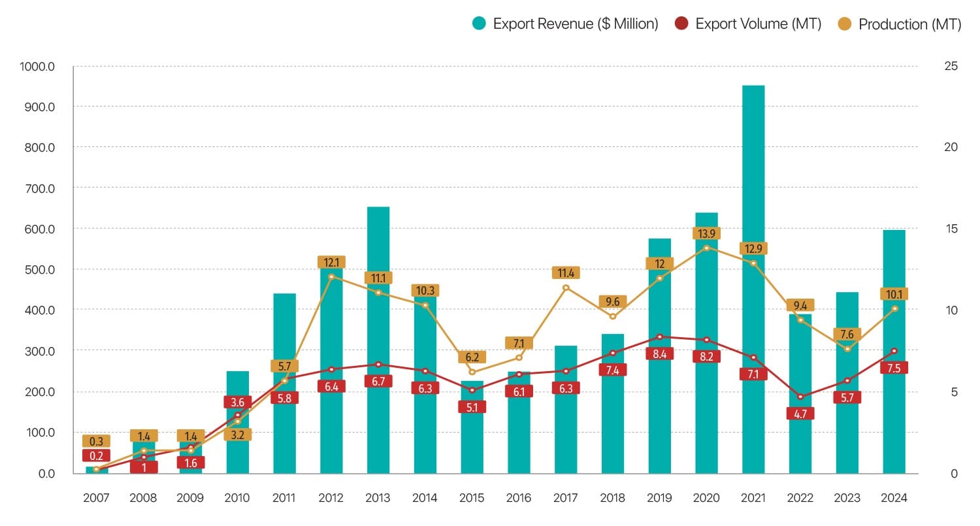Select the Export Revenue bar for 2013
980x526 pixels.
coord(378,340)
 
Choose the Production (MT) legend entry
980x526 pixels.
coord(900,24)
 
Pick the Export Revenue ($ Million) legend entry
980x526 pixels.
coord(565,24)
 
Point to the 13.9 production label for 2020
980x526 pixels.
coord(706,233)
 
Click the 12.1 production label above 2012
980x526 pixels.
coord(331,262)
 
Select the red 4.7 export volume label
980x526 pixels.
coord(800,414)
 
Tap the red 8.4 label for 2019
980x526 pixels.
coord(659,353)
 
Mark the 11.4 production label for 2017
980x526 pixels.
coord(566,273)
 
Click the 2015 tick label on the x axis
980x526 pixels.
coord(472,498)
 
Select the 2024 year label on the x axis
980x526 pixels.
coord(894,498)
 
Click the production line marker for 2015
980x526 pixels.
coord(472,372)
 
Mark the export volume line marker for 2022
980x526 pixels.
coord(800,397)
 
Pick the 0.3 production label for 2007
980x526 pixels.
coord(96,441)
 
